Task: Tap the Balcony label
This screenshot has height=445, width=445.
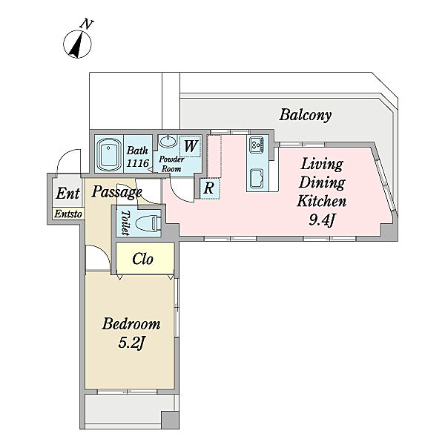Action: click(x=305, y=115)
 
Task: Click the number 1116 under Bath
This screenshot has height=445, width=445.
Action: click(x=138, y=163)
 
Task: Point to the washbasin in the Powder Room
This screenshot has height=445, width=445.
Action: click(x=168, y=141)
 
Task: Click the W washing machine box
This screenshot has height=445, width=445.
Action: click(x=191, y=146)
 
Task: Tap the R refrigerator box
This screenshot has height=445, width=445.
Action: click(x=209, y=188)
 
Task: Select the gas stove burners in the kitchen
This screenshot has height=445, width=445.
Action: click(x=257, y=144)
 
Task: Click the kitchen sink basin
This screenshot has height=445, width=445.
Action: click(x=257, y=178)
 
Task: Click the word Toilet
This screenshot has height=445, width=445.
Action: click(x=125, y=222)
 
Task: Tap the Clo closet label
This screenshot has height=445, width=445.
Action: click(x=142, y=259)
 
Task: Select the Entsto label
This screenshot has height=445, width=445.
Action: click(x=69, y=214)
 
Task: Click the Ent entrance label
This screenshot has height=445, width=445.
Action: click(x=67, y=194)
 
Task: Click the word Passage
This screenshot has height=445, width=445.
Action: click(x=116, y=192)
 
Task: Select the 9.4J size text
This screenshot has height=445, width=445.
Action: click(x=322, y=220)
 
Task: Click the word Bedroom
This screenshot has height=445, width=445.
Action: click(x=131, y=324)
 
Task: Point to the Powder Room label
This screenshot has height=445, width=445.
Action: click(x=171, y=164)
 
